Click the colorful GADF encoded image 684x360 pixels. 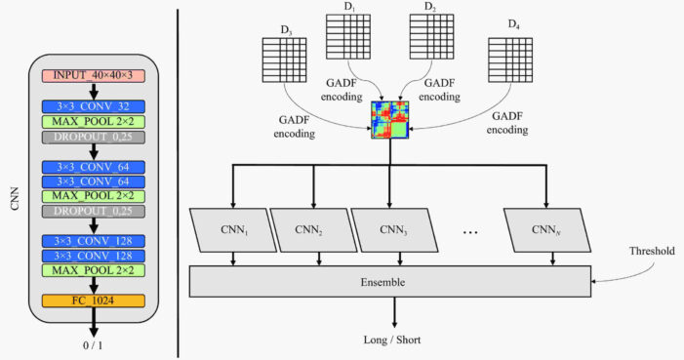[390, 118]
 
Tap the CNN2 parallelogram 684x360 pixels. [313, 230]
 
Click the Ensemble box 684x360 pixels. [390, 281]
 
